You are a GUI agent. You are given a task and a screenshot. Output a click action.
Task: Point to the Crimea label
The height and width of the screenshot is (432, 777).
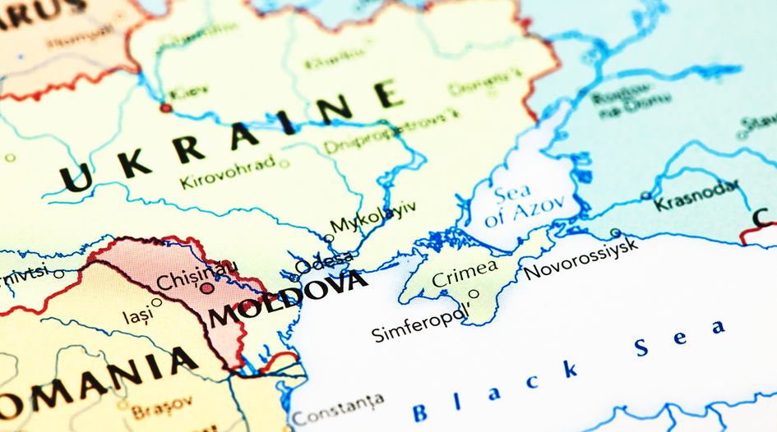tap(465, 271)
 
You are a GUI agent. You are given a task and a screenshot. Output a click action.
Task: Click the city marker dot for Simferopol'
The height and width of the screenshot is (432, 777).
tap(474, 293)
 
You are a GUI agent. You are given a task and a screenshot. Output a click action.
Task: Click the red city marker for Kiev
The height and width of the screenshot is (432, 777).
tap(166, 108)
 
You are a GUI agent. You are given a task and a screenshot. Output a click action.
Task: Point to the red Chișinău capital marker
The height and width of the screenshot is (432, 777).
tap(206, 288)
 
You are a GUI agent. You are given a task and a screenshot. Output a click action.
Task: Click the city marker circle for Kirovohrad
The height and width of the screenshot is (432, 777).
tap(284, 163)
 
